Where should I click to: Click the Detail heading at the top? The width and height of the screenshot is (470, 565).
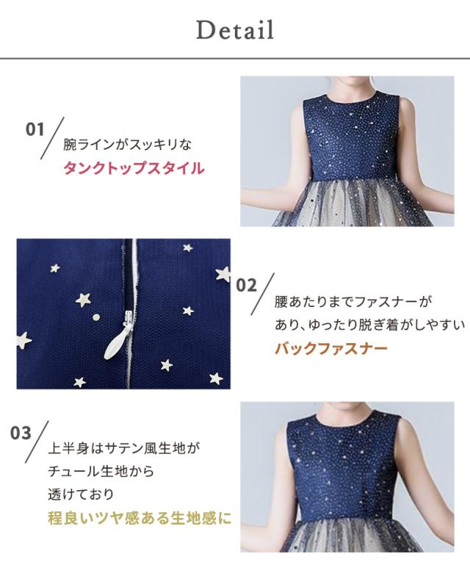point(234,30)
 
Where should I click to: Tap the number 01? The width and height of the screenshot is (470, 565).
point(36,130)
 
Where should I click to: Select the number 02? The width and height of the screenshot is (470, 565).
point(247,286)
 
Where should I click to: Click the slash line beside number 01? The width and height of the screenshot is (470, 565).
point(54,137)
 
